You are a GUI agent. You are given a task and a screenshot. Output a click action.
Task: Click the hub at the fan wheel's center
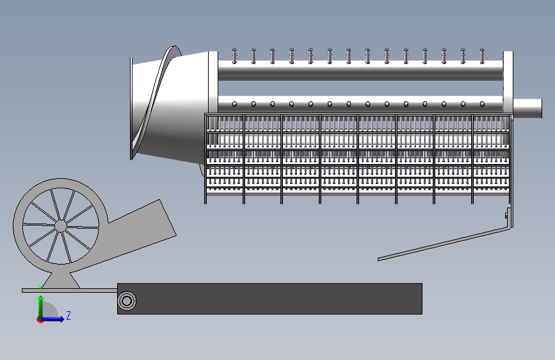[61, 225]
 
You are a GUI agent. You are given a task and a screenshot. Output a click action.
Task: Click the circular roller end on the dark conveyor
[127, 301]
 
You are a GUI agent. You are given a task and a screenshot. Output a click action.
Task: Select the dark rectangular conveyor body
[269, 299]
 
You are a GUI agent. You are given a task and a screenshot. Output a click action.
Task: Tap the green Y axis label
[40, 288]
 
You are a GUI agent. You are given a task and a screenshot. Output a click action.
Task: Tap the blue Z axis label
[68, 315]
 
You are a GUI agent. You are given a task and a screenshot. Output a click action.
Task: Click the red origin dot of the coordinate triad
[40, 320]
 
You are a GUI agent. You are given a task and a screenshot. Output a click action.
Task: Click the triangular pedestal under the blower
[61, 281]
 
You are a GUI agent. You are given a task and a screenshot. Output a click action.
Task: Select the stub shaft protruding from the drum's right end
[527, 108]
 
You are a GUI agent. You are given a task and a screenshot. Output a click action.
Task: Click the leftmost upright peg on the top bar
[234, 56]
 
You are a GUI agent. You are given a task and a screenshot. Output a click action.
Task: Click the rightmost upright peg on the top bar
[482, 56]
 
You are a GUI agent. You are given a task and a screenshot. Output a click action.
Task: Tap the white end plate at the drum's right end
[508, 82]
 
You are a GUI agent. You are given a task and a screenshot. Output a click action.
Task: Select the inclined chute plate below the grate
[444, 244]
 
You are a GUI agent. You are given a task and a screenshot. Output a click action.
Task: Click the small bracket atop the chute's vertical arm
[507, 214]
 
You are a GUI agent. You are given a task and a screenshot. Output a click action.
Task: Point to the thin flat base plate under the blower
[69, 291]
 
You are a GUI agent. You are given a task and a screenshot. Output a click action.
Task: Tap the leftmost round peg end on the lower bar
[234, 104]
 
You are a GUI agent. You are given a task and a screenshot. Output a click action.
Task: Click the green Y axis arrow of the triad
[41, 307]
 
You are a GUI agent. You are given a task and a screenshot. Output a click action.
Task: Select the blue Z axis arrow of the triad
[52, 319]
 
